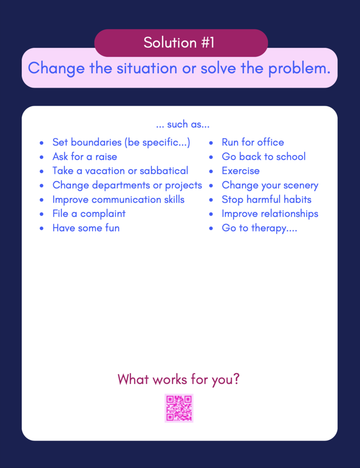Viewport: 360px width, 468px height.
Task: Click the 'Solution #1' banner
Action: point(181,42)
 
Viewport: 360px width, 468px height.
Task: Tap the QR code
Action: point(179,408)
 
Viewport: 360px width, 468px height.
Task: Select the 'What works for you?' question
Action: point(178,380)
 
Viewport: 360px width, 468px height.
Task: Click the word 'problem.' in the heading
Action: point(299,69)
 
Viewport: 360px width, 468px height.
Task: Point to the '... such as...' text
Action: point(183,124)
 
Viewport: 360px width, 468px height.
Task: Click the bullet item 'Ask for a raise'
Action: point(85,156)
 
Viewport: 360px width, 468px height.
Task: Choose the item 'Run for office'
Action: point(253,142)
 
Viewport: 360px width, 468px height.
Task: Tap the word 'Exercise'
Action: point(240,171)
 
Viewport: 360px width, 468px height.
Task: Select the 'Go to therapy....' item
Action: point(259,228)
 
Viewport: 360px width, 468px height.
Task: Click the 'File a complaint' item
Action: point(89,214)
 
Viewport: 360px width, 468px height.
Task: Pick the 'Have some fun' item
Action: point(86,228)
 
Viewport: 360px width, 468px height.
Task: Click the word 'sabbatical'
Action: point(164,171)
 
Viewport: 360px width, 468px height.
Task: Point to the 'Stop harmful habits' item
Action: point(266,199)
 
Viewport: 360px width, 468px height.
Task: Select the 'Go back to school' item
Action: point(263,156)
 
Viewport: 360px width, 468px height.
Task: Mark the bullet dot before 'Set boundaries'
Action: point(42,143)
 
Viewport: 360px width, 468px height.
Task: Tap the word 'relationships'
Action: point(289,214)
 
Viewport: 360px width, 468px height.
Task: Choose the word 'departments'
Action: point(121,185)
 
